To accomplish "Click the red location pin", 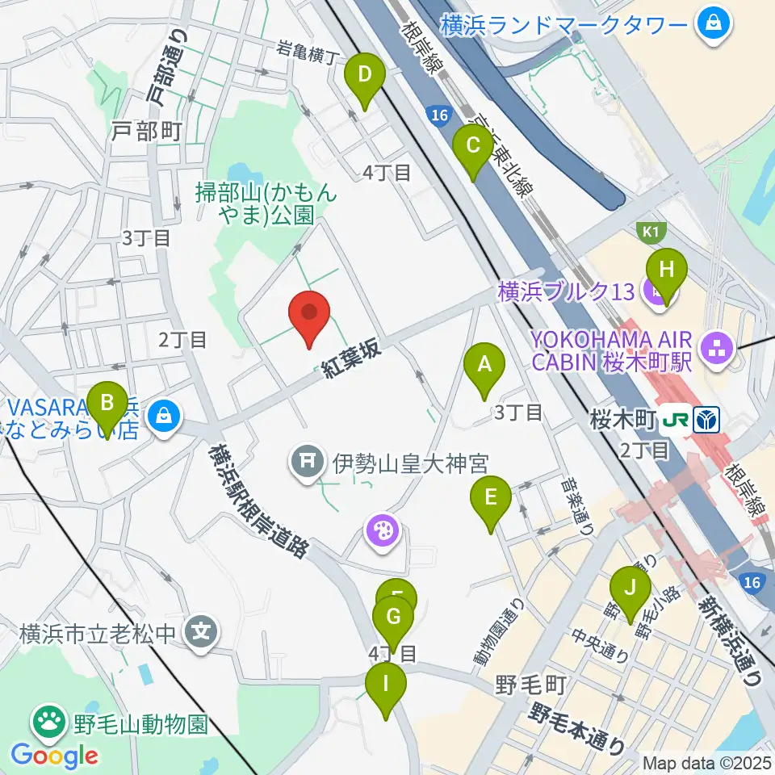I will [x=310, y=317].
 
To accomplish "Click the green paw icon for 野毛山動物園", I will [x=49, y=718].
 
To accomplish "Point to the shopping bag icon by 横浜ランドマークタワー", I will [x=714, y=24].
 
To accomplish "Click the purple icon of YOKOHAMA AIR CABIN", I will [x=715, y=349].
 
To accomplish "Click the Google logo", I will [x=54, y=756].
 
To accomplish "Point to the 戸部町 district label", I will [x=148, y=131].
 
